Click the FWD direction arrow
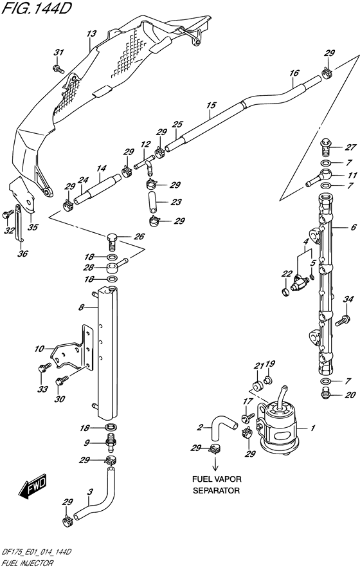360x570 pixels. tap(33, 486)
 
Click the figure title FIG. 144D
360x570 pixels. tap(35, 8)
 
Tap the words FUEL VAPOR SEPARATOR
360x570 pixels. tap(217, 484)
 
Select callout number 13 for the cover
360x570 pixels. tap(91, 34)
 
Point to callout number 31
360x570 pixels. tap(58, 53)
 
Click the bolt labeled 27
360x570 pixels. tap(326, 147)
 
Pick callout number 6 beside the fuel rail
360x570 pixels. tap(354, 228)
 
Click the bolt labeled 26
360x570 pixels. tap(113, 241)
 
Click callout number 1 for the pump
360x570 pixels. tap(312, 428)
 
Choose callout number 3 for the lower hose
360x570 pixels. tap(90, 492)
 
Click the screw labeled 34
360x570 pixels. tap(342, 321)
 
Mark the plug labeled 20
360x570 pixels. tap(327, 392)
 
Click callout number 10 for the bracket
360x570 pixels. tap(39, 349)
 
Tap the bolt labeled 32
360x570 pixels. tap(6, 216)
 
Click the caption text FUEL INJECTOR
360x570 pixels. tap(27, 564)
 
